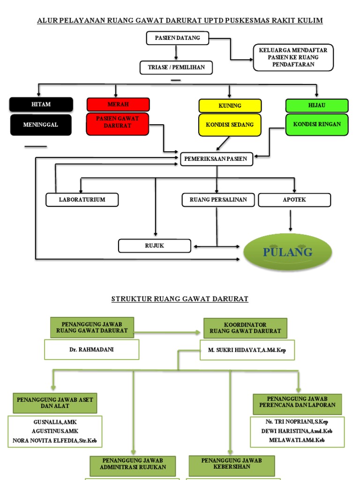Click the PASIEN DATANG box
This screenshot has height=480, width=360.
click(x=177, y=38)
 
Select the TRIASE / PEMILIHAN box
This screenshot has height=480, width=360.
click(x=176, y=67)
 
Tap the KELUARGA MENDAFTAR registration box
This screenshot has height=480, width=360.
click(x=293, y=57)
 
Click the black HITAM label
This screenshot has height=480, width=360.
click(x=41, y=105)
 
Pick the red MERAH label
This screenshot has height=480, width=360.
click(x=118, y=104)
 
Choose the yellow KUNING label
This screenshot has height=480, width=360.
click(x=230, y=105)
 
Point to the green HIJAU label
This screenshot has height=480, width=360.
click(x=317, y=105)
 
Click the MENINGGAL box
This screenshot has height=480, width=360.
click(x=41, y=125)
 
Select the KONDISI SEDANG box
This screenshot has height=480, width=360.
click(x=230, y=125)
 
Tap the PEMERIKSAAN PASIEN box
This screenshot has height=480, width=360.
click(x=217, y=159)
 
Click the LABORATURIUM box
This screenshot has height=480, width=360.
click(x=82, y=200)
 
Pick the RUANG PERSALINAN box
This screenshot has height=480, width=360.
click(x=218, y=200)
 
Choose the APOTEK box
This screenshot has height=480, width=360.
click(x=294, y=200)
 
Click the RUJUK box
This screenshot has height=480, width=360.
click(x=155, y=246)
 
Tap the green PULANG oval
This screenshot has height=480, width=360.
click(x=288, y=252)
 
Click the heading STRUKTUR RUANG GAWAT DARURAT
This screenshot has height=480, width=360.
click(x=180, y=299)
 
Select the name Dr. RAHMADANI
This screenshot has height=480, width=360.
click(x=92, y=350)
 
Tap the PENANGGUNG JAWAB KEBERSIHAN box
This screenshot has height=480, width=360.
click(x=232, y=464)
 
